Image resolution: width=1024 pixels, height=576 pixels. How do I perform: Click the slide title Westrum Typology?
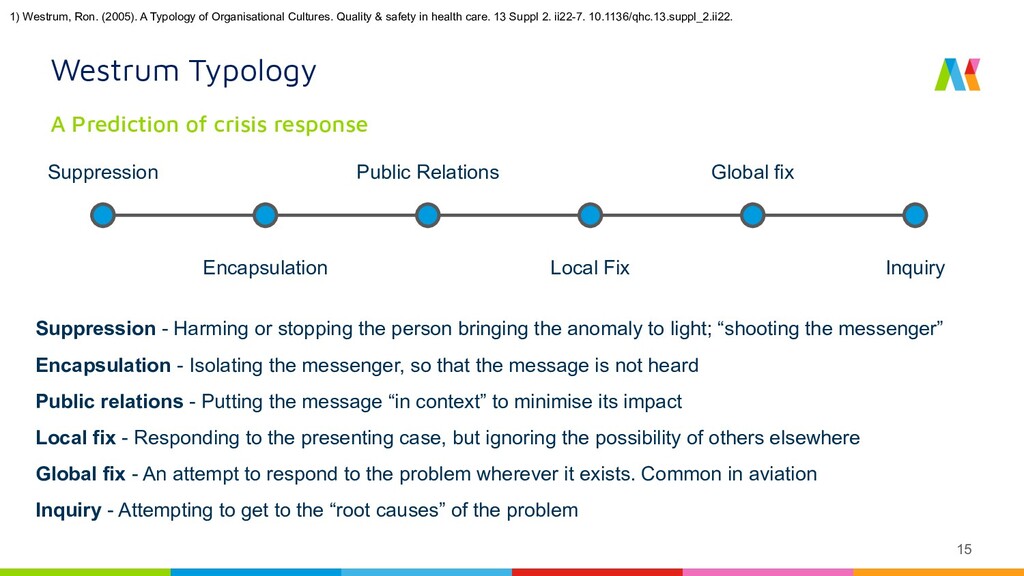(184, 71)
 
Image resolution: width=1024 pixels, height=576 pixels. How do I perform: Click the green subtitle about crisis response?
(209, 124)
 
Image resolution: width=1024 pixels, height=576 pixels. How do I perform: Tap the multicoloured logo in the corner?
(957, 74)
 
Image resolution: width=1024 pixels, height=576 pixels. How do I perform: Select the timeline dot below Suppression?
(103, 215)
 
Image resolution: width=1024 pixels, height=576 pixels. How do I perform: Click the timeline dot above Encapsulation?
(265, 215)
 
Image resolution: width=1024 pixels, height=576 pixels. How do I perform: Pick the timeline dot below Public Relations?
(427, 215)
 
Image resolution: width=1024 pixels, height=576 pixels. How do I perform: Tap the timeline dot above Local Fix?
(590, 215)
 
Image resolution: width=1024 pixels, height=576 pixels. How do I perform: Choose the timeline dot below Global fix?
(752, 215)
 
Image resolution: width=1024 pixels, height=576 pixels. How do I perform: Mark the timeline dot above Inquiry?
(914, 215)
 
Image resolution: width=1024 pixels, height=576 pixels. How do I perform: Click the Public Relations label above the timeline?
(427, 172)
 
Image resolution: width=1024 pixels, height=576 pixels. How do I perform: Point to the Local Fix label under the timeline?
(590, 268)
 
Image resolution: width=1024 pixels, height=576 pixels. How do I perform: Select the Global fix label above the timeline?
(752, 172)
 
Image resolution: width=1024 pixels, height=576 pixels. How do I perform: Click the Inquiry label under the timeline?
(915, 268)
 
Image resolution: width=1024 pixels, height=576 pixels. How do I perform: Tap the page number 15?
(964, 548)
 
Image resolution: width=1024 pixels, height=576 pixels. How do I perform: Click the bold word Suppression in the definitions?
(95, 329)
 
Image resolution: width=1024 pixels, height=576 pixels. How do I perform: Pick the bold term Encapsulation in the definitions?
(103, 365)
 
